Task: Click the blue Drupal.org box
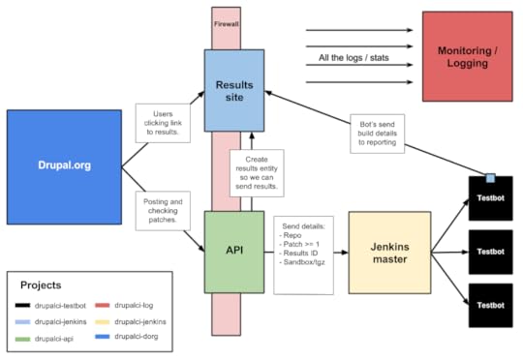point(63,165)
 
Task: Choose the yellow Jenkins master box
point(387,252)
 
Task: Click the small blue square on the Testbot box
point(491,177)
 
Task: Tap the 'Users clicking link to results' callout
point(164,123)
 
